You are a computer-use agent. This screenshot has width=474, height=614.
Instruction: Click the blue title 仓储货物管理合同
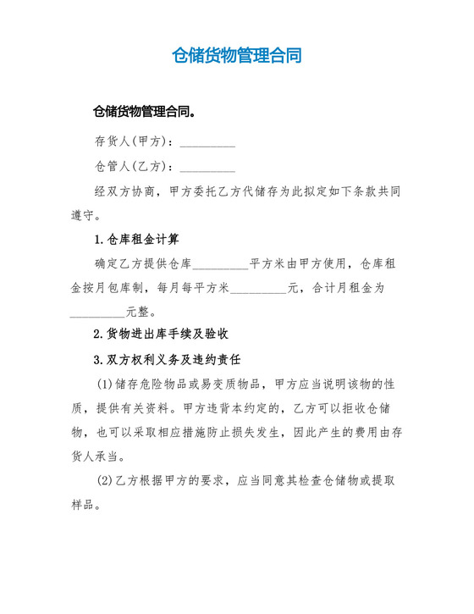point(236,56)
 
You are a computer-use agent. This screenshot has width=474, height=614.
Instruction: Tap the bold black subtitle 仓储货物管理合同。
point(146,111)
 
